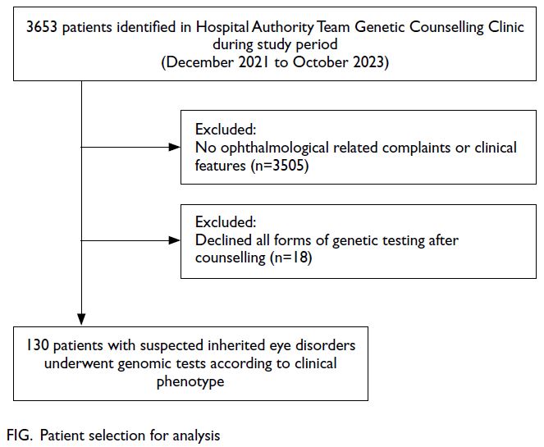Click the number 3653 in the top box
click(x=42, y=27)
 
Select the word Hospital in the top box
click(x=222, y=27)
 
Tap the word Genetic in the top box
click(x=380, y=27)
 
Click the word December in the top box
click(x=200, y=62)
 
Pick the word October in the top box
click(x=320, y=62)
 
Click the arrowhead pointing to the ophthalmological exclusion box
click(x=174, y=147)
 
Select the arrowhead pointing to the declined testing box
click(x=174, y=240)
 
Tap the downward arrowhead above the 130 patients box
click(x=81, y=319)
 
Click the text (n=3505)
click(x=280, y=166)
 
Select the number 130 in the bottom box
click(x=38, y=345)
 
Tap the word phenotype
click(x=190, y=382)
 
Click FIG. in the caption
click(x=20, y=436)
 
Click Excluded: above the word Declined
click(x=226, y=222)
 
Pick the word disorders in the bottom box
click(x=325, y=345)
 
